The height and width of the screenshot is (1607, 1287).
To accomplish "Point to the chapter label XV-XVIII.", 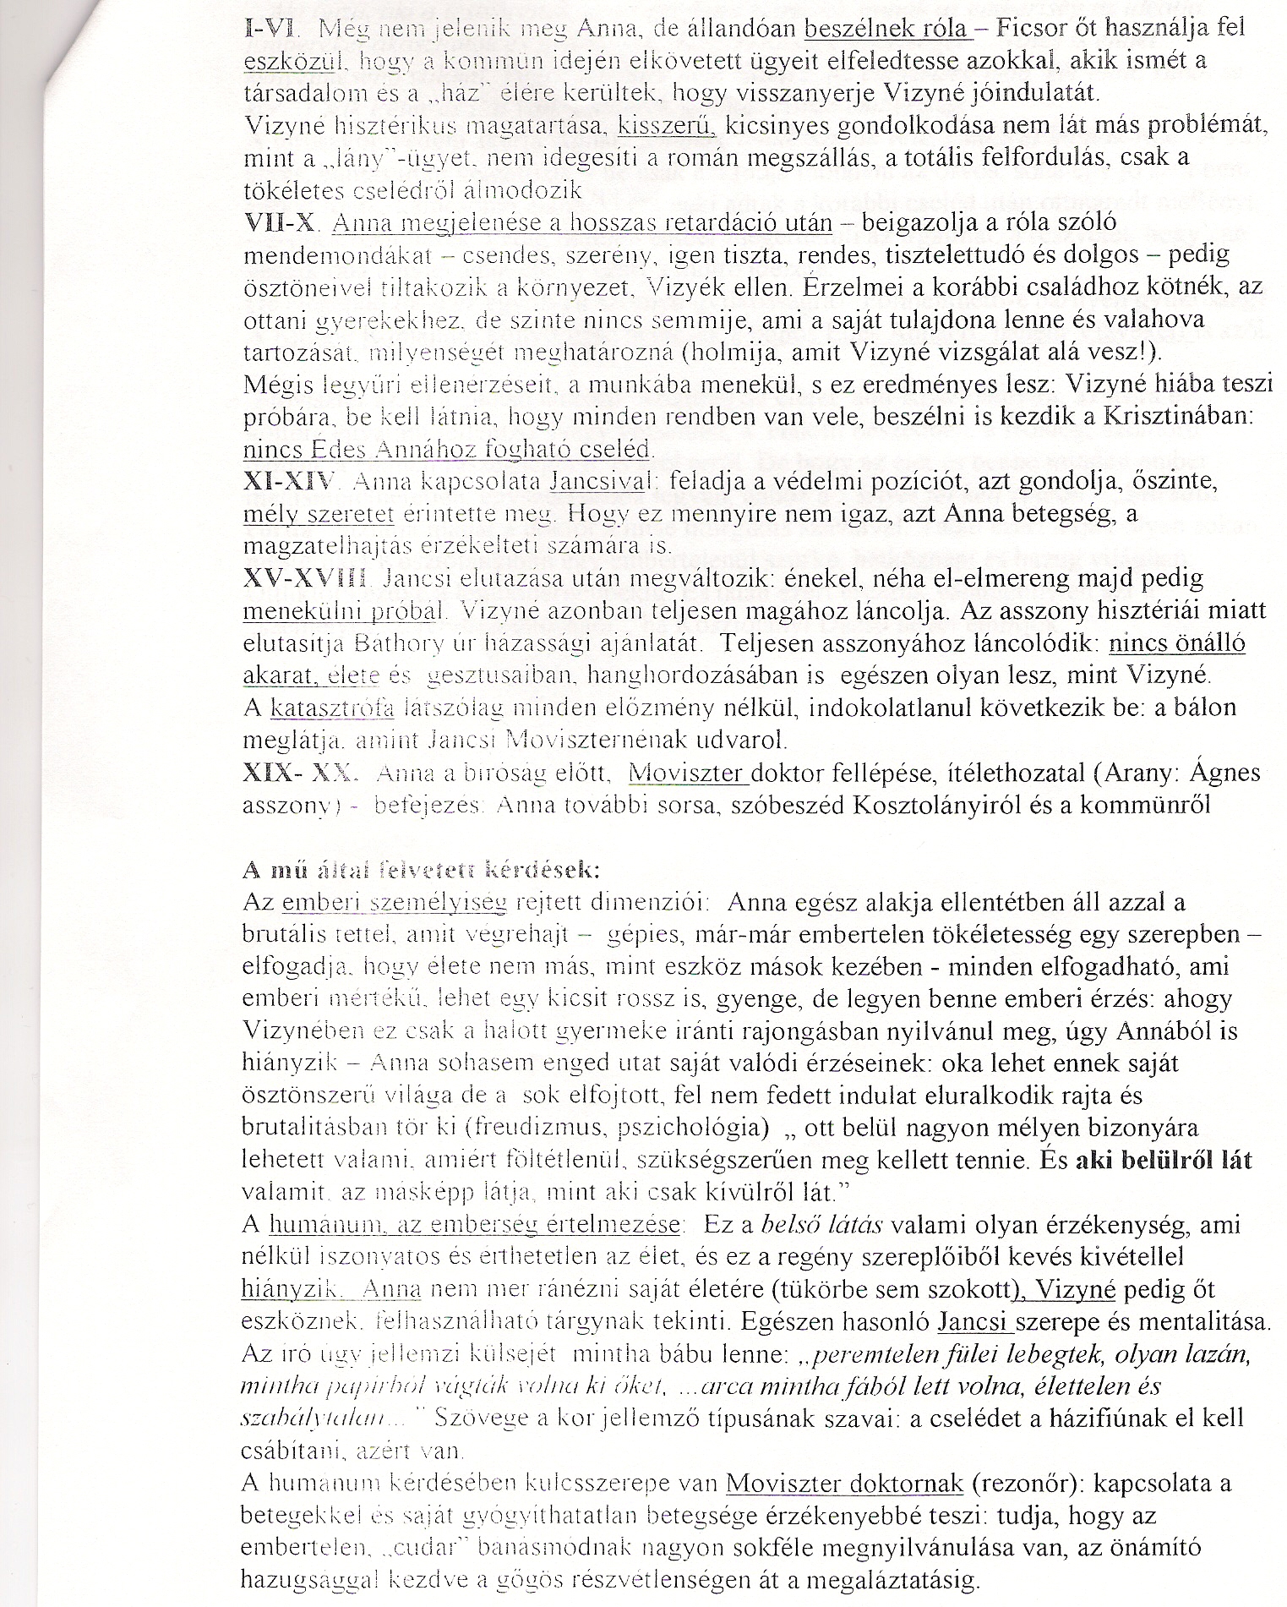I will coord(305,579).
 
